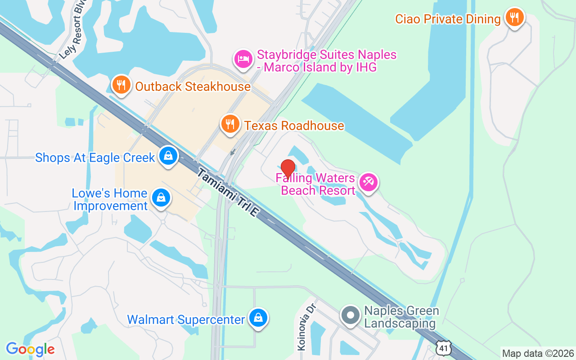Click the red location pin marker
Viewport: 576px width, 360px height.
tap(288, 169)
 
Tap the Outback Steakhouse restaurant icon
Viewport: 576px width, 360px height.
tap(121, 85)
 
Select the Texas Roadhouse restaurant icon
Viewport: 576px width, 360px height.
tap(230, 124)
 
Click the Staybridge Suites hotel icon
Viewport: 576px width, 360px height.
tap(243, 59)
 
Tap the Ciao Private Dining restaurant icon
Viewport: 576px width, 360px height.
tap(514, 18)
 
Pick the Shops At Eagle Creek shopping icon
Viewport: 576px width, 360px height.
tap(168, 156)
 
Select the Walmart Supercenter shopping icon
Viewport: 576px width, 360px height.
tap(258, 318)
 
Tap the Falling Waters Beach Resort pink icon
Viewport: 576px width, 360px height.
tap(369, 182)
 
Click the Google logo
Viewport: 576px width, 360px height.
tap(30, 349)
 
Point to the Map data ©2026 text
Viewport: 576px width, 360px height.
tap(538, 353)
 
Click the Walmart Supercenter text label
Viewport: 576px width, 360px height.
tap(186, 320)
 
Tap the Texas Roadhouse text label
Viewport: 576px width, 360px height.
tap(294, 126)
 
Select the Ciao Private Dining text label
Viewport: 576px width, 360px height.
tap(448, 19)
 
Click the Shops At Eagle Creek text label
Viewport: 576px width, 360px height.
tap(95, 158)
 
